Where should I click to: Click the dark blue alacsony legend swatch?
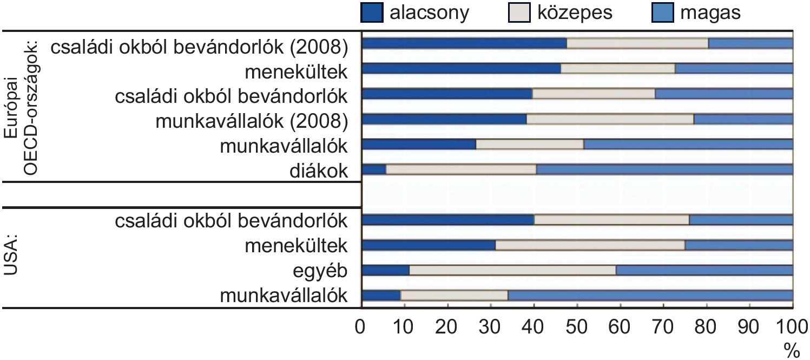pos(372,13)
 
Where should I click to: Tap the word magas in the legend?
pos(710,12)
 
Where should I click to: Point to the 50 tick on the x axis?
pos(577,328)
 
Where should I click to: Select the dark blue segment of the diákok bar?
pos(373,169)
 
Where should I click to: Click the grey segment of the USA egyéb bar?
pos(512,270)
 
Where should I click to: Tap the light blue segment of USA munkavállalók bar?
pos(650,296)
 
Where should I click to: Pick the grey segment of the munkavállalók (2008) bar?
pos(610,119)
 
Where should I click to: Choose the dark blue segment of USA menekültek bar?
pos(428,245)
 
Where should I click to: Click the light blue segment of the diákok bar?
pos(664,169)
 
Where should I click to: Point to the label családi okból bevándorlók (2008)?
pos(199,47)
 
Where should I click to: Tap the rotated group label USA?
pos(13,254)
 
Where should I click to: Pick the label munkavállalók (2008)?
pos(251,121)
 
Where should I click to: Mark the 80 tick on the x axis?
pos(706,328)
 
